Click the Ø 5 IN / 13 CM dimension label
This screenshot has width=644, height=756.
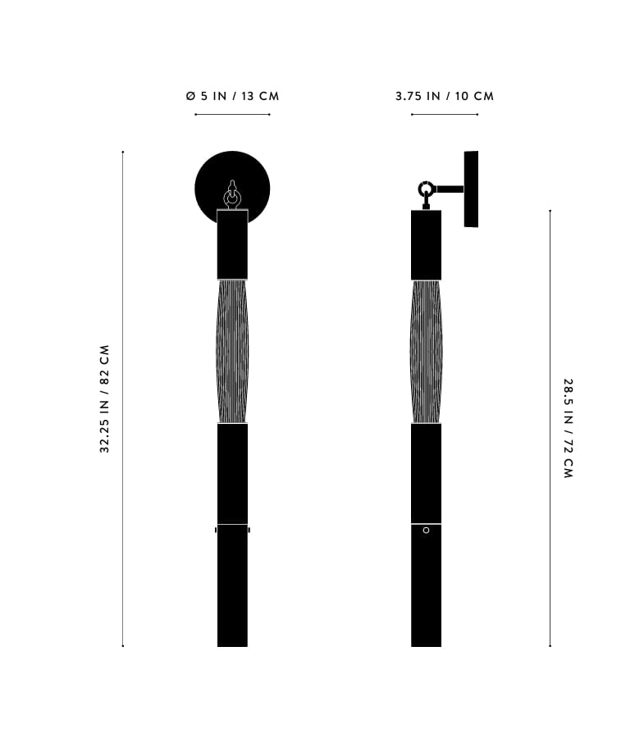tap(232, 96)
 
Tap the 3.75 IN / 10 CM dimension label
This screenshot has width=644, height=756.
tap(445, 96)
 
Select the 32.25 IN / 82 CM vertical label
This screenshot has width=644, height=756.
tap(105, 398)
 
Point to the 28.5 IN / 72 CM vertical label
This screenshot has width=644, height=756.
tap(569, 428)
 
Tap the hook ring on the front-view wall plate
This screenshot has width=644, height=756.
tap(232, 198)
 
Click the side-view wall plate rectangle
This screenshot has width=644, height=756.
tap(471, 189)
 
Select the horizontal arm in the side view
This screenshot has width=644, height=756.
tap(450, 189)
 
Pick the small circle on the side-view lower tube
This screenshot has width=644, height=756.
tap(426, 531)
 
